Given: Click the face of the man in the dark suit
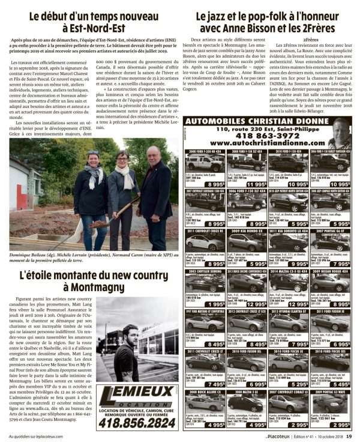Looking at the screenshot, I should [153, 156].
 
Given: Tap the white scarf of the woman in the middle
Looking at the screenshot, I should [125, 174].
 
